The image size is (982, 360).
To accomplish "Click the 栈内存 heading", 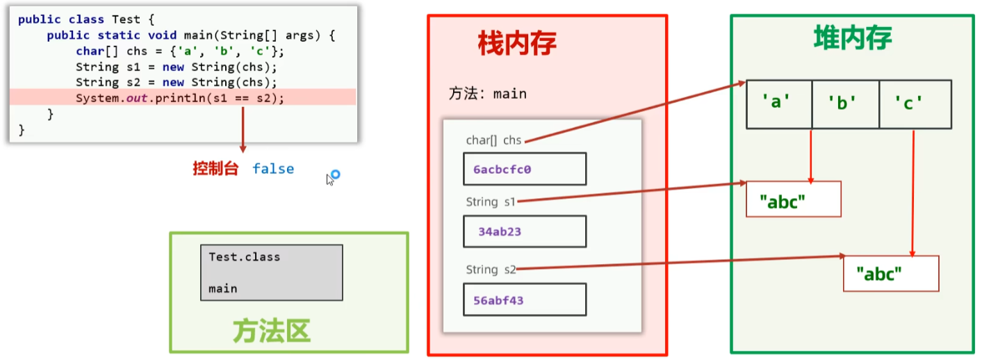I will pyautogui.click(x=517, y=44).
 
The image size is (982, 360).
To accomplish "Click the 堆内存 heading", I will pyautogui.click(x=852, y=39).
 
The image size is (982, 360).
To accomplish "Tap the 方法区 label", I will pyautogui.click(x=270, y=332).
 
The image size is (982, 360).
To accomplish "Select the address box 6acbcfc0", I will pyautogui.click(x=525, y=169).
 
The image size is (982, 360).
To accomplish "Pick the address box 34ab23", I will pyautogui.click(x=525, y=231).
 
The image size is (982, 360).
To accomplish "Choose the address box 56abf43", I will pyautogui.click(x=525, y=300).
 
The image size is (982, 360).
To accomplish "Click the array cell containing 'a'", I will pyautogui.click(x=778, y=104).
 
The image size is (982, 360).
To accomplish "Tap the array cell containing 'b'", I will pyautogui.click(x=844, y=104).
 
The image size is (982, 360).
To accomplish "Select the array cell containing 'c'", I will pyautogui.click(x=913, y=104).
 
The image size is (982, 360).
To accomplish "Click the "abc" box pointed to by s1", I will pyautogui.click(x=793, y=199).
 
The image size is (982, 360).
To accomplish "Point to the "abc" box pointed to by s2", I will pyautogui.click(x=890, y=273).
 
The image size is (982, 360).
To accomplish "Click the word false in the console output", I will pyautogui.click(x=273, y=169).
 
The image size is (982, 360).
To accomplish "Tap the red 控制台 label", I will pyautogui.click(x=215, y=169).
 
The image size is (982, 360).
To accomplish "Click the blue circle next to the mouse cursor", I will pyautogui.click(x=335, y=174).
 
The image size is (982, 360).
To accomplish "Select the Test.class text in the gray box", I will pyautogui.click(x=244, y=257).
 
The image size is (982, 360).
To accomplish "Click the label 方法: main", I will pyautogui.click(x=487, y=93).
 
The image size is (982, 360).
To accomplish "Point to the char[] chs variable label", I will pyautogui.click(x=493, y=140).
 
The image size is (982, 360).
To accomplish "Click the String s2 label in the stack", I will pyautogui.click(x=491, y=270).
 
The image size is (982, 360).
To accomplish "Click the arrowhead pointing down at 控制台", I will pyautogui.click(x=243, y=148).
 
